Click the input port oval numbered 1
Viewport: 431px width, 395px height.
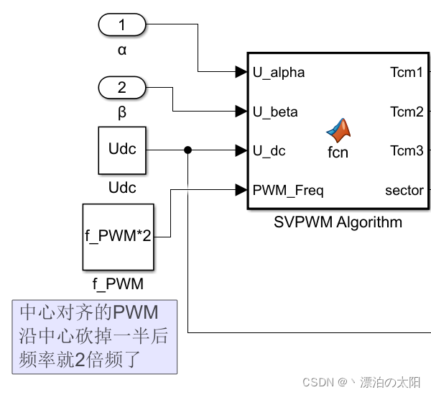(x=121, y=26)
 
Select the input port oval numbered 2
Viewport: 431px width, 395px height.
(x=121, y=88)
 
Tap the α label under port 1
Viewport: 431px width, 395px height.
(x=121, y=50)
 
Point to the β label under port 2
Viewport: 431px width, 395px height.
(x=121, y=112)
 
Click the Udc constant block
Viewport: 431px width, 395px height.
(x=122, y=150)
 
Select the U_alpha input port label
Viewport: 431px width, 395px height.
(x=278, y=72)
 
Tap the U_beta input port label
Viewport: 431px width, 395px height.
(x=275, y=112)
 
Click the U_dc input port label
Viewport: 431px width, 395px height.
(x=269, y=150)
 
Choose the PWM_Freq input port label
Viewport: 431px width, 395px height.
(x=287, y=191)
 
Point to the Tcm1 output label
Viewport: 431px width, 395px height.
(x=407, y=72)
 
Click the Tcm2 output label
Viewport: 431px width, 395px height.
(x=407, y=112)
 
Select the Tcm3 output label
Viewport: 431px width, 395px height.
(x=407, y=150)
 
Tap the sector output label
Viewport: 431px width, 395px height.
(x=404, y=191)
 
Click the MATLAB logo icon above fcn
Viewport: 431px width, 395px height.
(x=338, y=130)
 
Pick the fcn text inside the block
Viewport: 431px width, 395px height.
(x=338, y=153)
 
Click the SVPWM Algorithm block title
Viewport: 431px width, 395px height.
(x=338, y=222)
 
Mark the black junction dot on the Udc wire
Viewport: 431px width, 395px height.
(x=187, y=150)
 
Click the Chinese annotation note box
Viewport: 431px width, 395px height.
(x=94, y=336)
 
